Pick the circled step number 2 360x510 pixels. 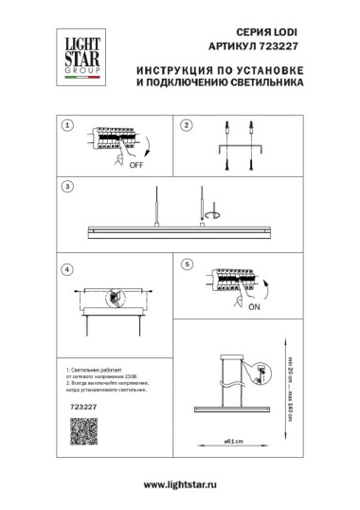coord(187,125)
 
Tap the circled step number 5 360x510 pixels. coord(187,263)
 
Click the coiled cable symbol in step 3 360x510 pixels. coord(214,214)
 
